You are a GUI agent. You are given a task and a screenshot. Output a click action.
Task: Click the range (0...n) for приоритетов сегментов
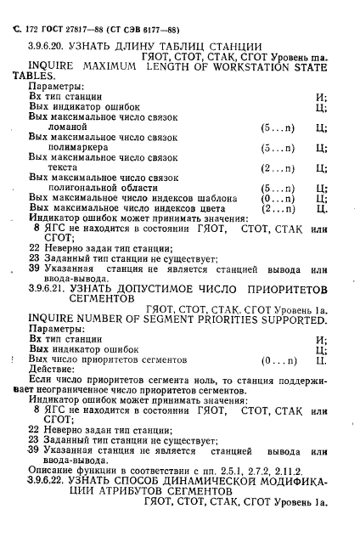(278, 360)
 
